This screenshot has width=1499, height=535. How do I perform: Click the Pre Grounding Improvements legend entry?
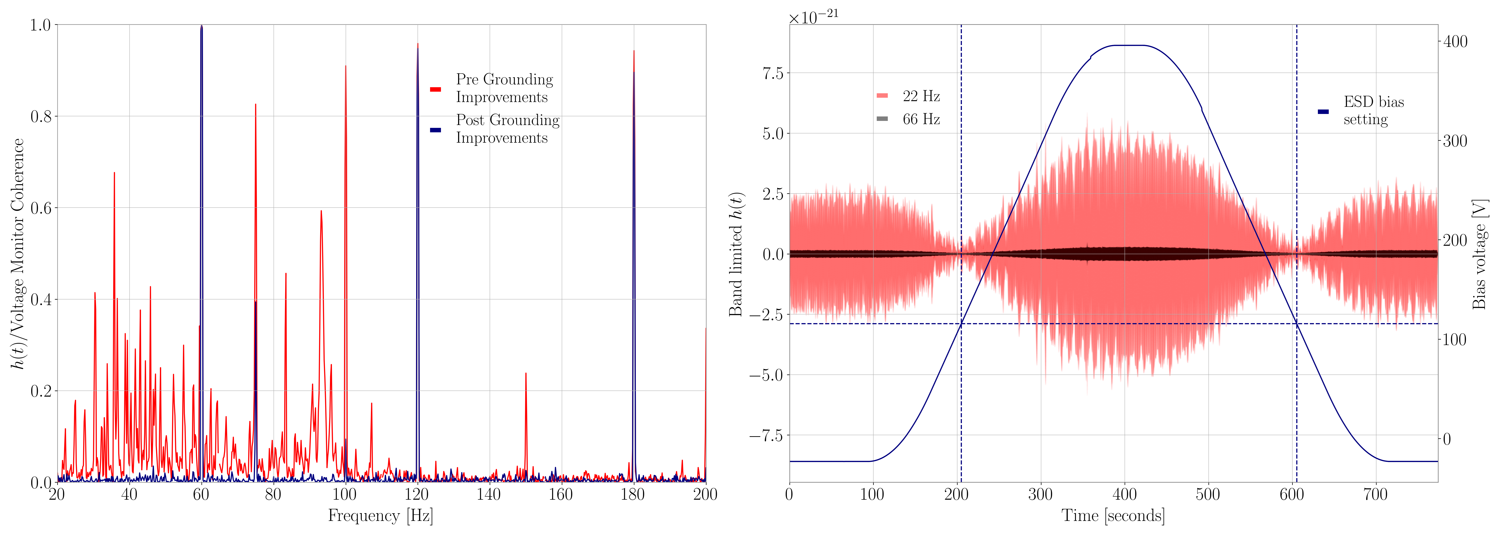click(504, 88)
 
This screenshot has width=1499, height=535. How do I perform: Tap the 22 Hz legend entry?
click(921, 96)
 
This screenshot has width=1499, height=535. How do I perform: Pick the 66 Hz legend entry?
click(921, 119)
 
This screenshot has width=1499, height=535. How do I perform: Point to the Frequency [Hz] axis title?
click(381, 516)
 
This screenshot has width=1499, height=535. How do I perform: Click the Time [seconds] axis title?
click(1113, 516)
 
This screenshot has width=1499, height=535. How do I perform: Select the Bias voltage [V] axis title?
click(1480, 254)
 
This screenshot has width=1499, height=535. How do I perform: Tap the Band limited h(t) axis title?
click(736, 254)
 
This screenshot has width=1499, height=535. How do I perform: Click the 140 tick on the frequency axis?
click(489, 495)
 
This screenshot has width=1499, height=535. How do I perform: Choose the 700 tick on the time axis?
click(1376, 495)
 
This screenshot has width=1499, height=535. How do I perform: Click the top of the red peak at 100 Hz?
click(346, 66)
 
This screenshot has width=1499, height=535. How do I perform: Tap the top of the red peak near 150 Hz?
click(526, 373)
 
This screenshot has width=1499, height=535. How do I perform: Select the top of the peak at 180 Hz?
click(634, 51)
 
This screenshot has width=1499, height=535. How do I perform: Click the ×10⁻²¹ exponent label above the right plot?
click(814, 16)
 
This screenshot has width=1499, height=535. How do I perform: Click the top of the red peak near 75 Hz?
click(256, 105)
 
